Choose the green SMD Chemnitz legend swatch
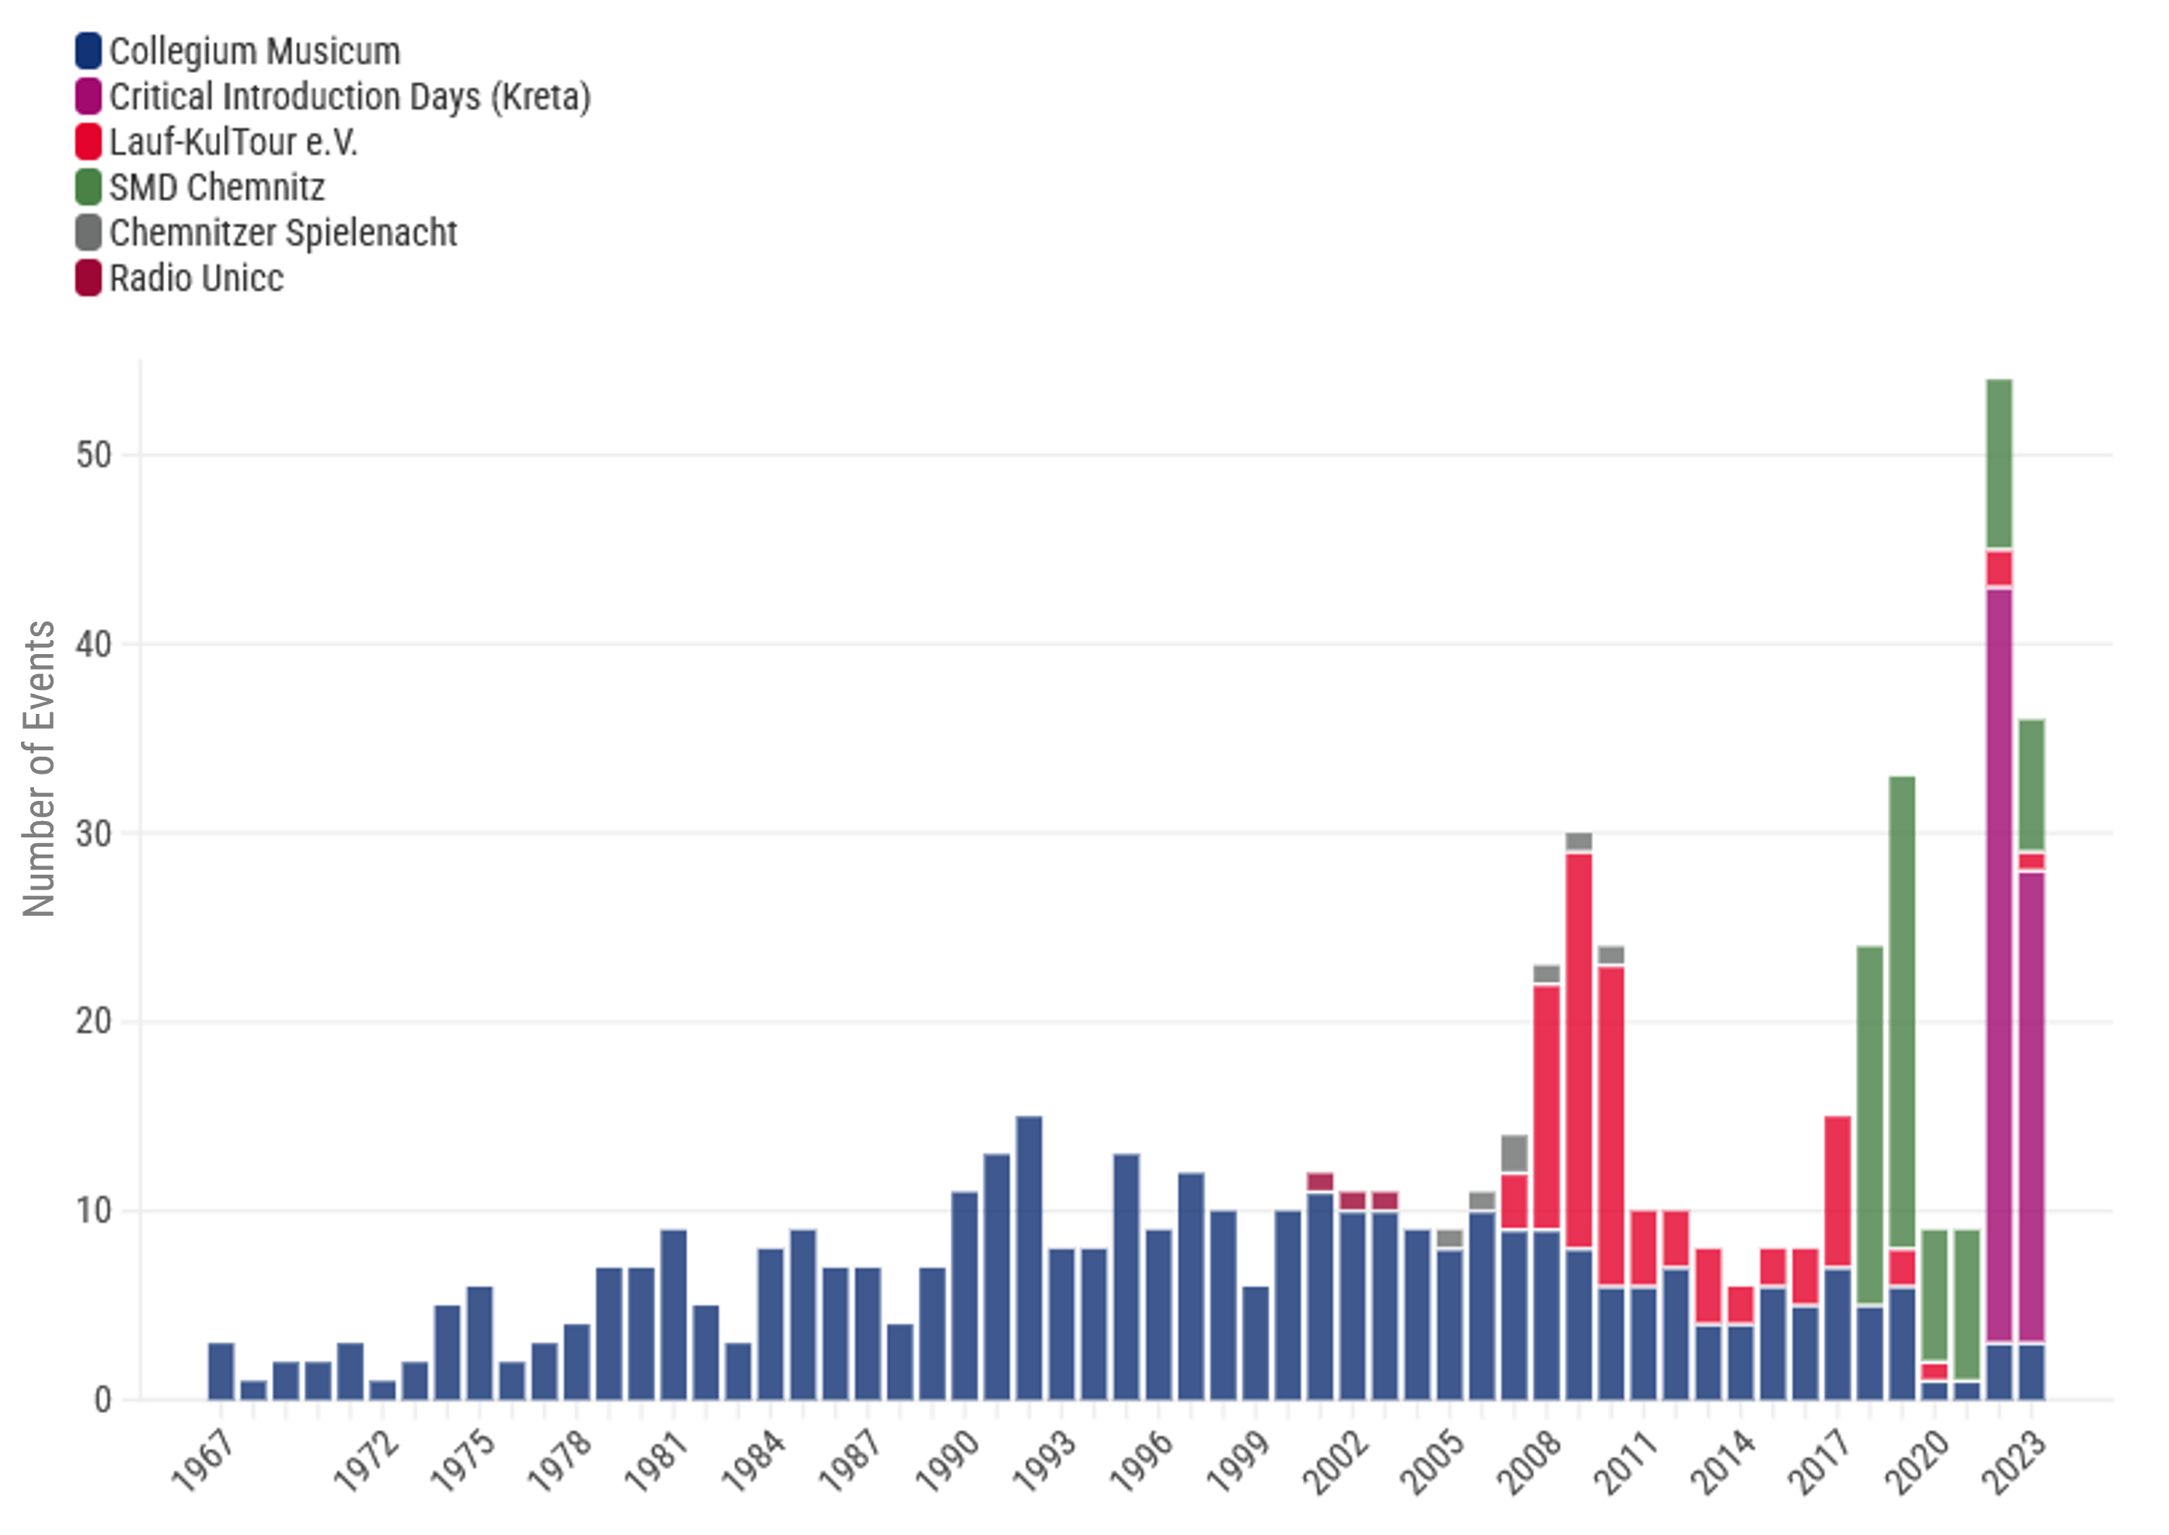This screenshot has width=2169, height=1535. point(88,187)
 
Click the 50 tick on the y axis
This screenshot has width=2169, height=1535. point(93,454)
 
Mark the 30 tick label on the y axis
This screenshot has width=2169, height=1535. point(93,833)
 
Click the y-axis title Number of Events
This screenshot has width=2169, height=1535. point(39,767)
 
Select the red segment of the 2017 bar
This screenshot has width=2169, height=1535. point(1837,1191)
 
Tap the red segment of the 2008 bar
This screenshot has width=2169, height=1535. point(1546,1106)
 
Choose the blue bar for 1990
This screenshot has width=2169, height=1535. point(964,1295)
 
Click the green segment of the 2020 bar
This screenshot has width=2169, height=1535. point(1934,1295)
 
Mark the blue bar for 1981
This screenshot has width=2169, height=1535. point(673,1314)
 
